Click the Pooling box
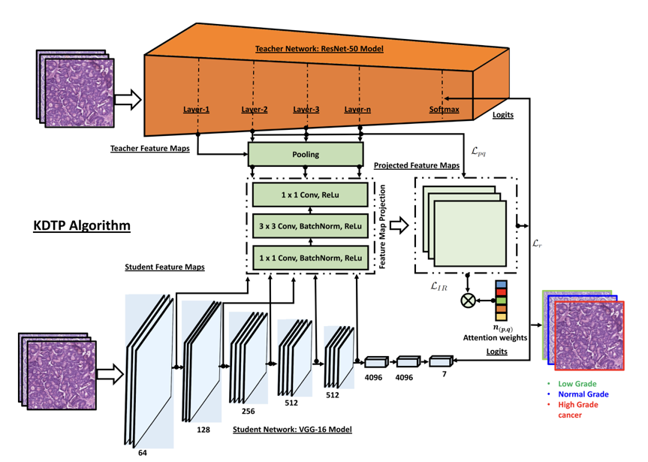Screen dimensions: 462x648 [x=306, y=154]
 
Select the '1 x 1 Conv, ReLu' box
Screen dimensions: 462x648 [x=310, y=195]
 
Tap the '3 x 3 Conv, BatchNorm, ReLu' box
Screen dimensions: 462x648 [x=310, y=226]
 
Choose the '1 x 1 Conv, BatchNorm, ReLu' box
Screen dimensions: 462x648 [x=310, y=258]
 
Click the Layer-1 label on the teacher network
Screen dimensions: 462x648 [x=196, y=109]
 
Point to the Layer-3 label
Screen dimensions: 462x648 [x=306, y=109]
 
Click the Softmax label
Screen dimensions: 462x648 [x=444, y=109]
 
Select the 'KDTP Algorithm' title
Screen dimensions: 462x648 [x=82, y=225]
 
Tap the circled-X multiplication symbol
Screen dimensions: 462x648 [x=469, y=300]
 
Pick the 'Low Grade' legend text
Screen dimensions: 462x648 [x=576, y=384]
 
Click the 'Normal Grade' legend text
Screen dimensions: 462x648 [x=583, y=394]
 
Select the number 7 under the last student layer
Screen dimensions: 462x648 [x=445, y=374]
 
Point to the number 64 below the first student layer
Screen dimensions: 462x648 [x=143, y=453]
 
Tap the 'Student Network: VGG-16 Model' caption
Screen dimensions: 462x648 [x=292, y=430]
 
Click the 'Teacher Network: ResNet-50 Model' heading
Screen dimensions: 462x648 [x=319, y=49]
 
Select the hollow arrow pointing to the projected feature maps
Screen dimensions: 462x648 [x=397, y=225]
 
